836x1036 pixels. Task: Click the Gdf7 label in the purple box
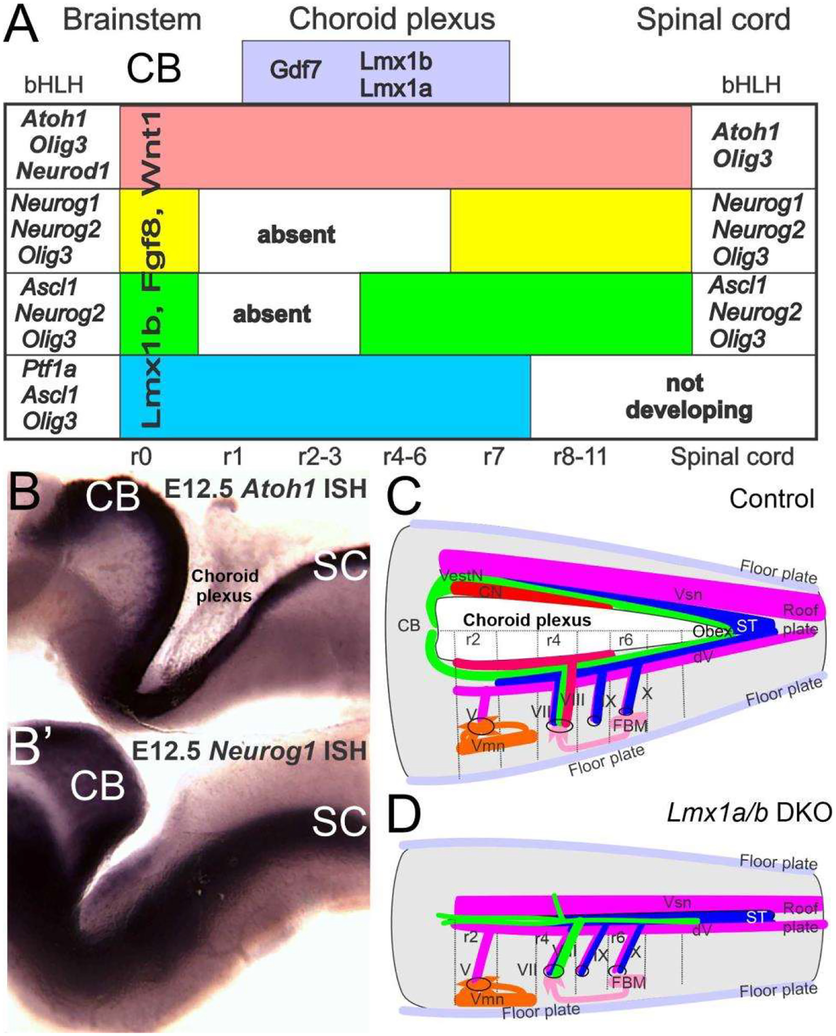[x=295, y=70]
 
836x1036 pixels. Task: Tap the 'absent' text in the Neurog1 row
[x=296, y=235]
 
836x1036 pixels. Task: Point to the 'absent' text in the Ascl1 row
[x=272, y=315]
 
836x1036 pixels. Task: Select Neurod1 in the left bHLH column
[x=63, y=171]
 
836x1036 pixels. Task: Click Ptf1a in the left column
[x=49, y=369]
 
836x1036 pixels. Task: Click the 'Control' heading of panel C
[x=772, y=499]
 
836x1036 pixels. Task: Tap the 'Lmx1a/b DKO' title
[x=749, y=814]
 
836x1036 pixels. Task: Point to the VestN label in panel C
[x=461, y=576]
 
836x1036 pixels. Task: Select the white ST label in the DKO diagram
[x=756, y=917]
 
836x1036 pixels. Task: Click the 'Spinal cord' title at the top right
[x=713, y=20]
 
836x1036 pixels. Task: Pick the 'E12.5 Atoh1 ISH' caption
[x=265, y=489]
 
